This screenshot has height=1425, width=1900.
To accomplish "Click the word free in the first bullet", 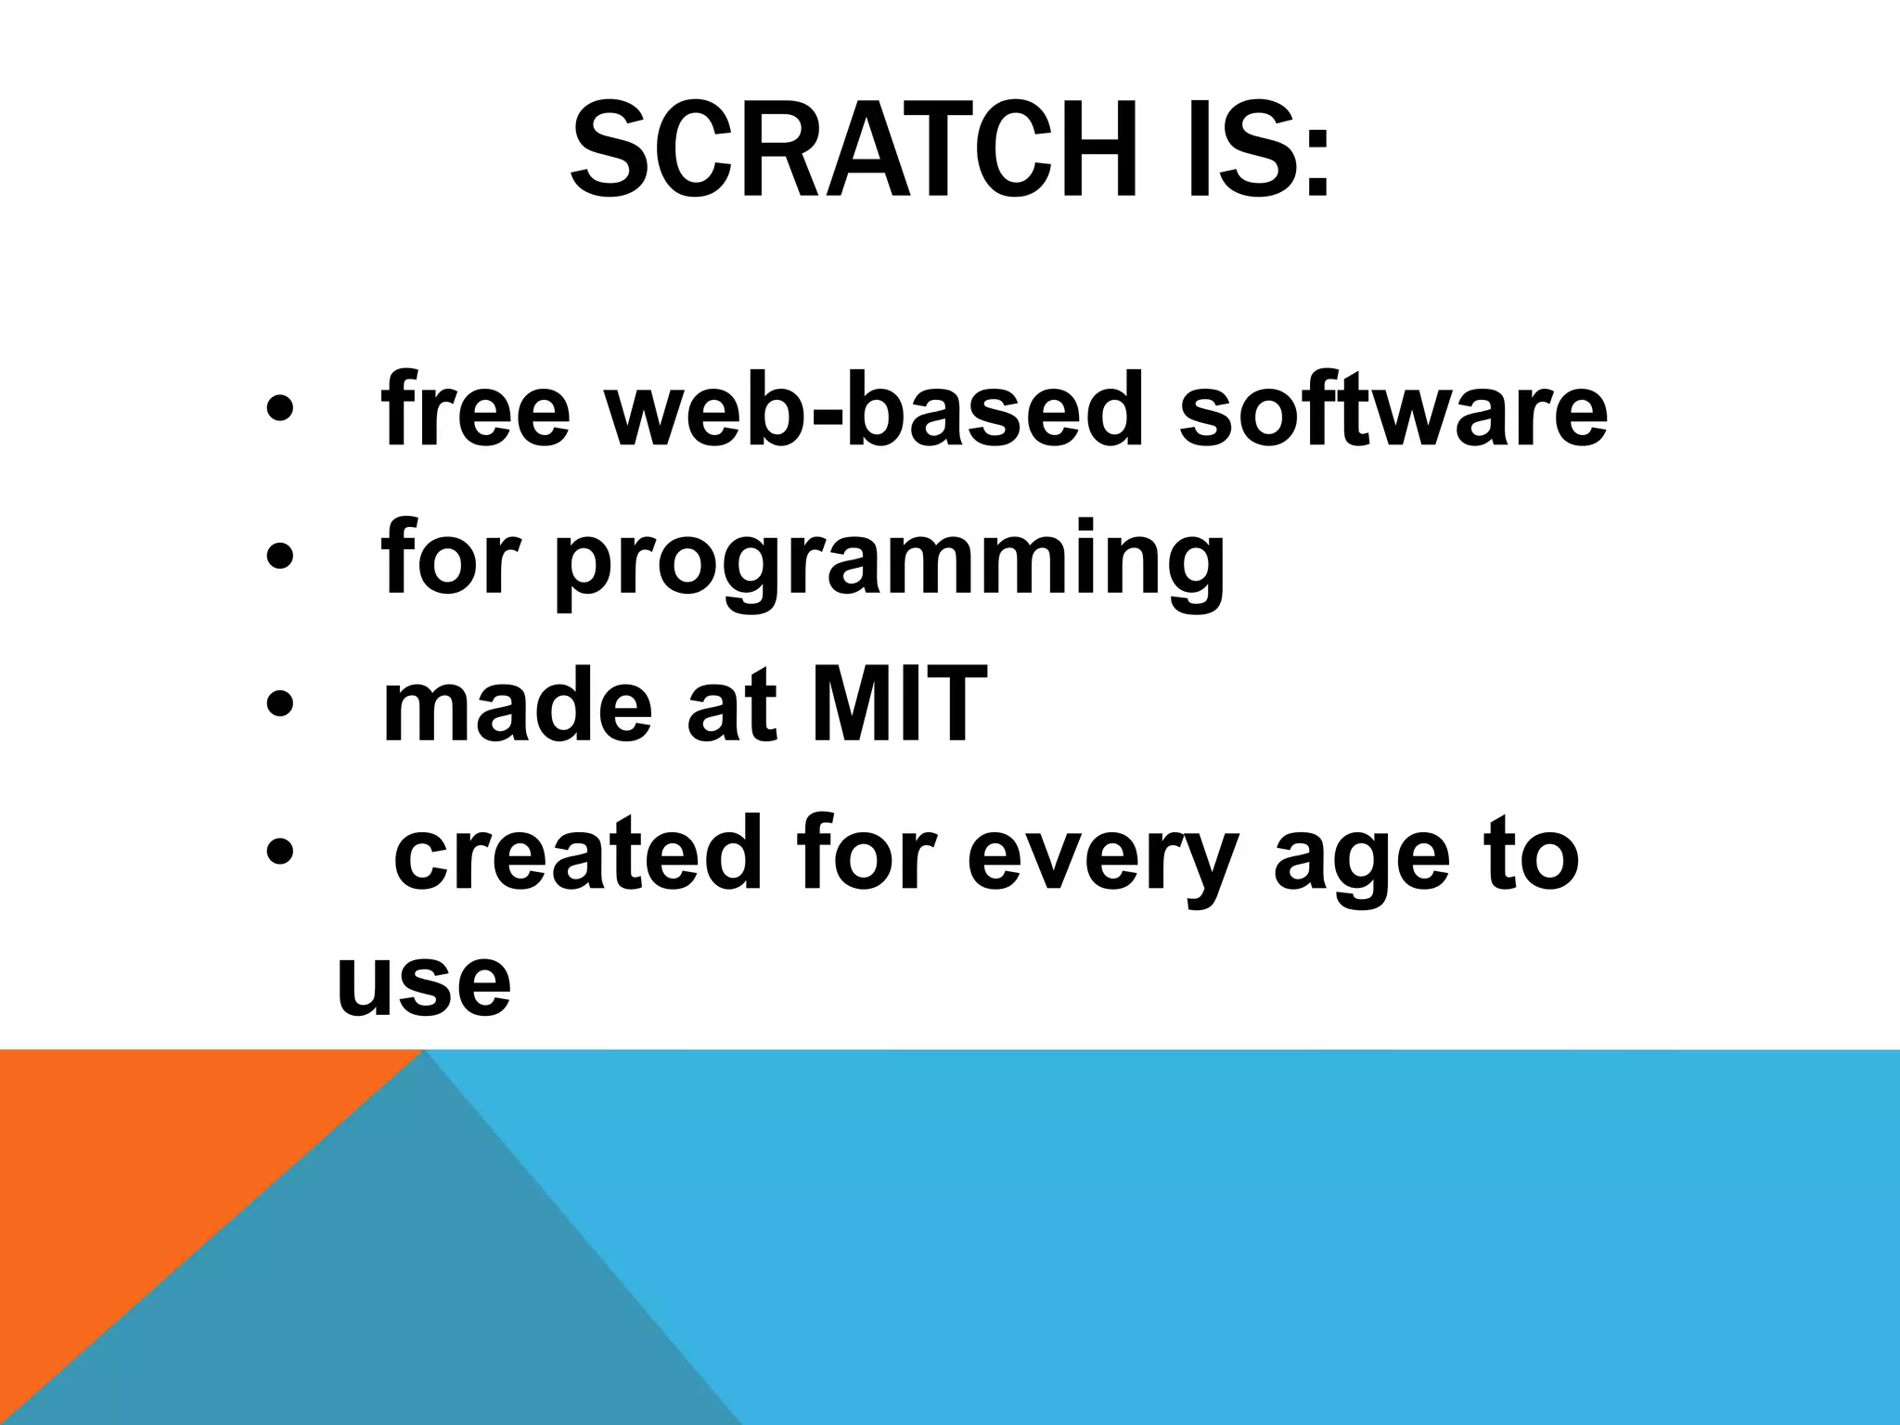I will click(474, 408).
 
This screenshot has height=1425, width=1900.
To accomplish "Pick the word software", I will click(1393, 408).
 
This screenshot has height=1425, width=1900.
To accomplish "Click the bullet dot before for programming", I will click(279, 557).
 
